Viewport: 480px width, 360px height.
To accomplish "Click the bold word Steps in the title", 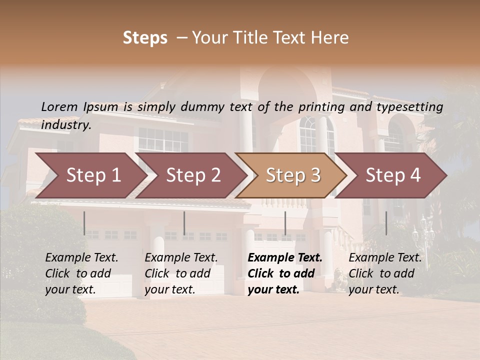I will pyautogui.click(x=145, y=38).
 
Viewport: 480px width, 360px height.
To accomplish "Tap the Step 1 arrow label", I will pyautogui.click(x=93, y=175).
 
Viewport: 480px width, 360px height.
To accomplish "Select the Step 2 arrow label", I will pyautogui.click(x=193, y=175).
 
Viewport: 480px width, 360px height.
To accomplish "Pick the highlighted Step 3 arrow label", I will pyautogui.click(x=293, y=175).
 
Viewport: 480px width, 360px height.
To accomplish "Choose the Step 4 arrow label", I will pyautogui.click(x=393, y=175).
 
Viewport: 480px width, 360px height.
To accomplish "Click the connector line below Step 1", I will pyautogui.click(x=84, y=223).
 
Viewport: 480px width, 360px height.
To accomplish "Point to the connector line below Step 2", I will pyautogui.click(x=184, y=223).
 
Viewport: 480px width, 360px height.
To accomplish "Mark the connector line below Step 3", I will pyautogui.click(x=285, y=223).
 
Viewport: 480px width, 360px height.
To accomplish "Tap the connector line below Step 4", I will pyautogui.click(x=386, y=223).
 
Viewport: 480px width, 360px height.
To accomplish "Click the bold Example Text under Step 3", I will pyautogui.click(x=285, y=258).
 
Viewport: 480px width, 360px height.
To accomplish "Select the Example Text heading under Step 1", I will pyautogui.click(x=81, y=258).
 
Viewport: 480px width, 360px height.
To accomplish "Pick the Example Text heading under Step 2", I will pyautogui.click(x=181, y=258).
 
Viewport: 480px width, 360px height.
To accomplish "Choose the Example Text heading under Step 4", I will pyautogui.click(x=385, y=258).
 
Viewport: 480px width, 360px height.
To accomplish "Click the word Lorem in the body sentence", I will pyautogui.click(x=59, y=106).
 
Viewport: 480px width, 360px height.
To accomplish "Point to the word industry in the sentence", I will pyautogui.click(x=66, y=125).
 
